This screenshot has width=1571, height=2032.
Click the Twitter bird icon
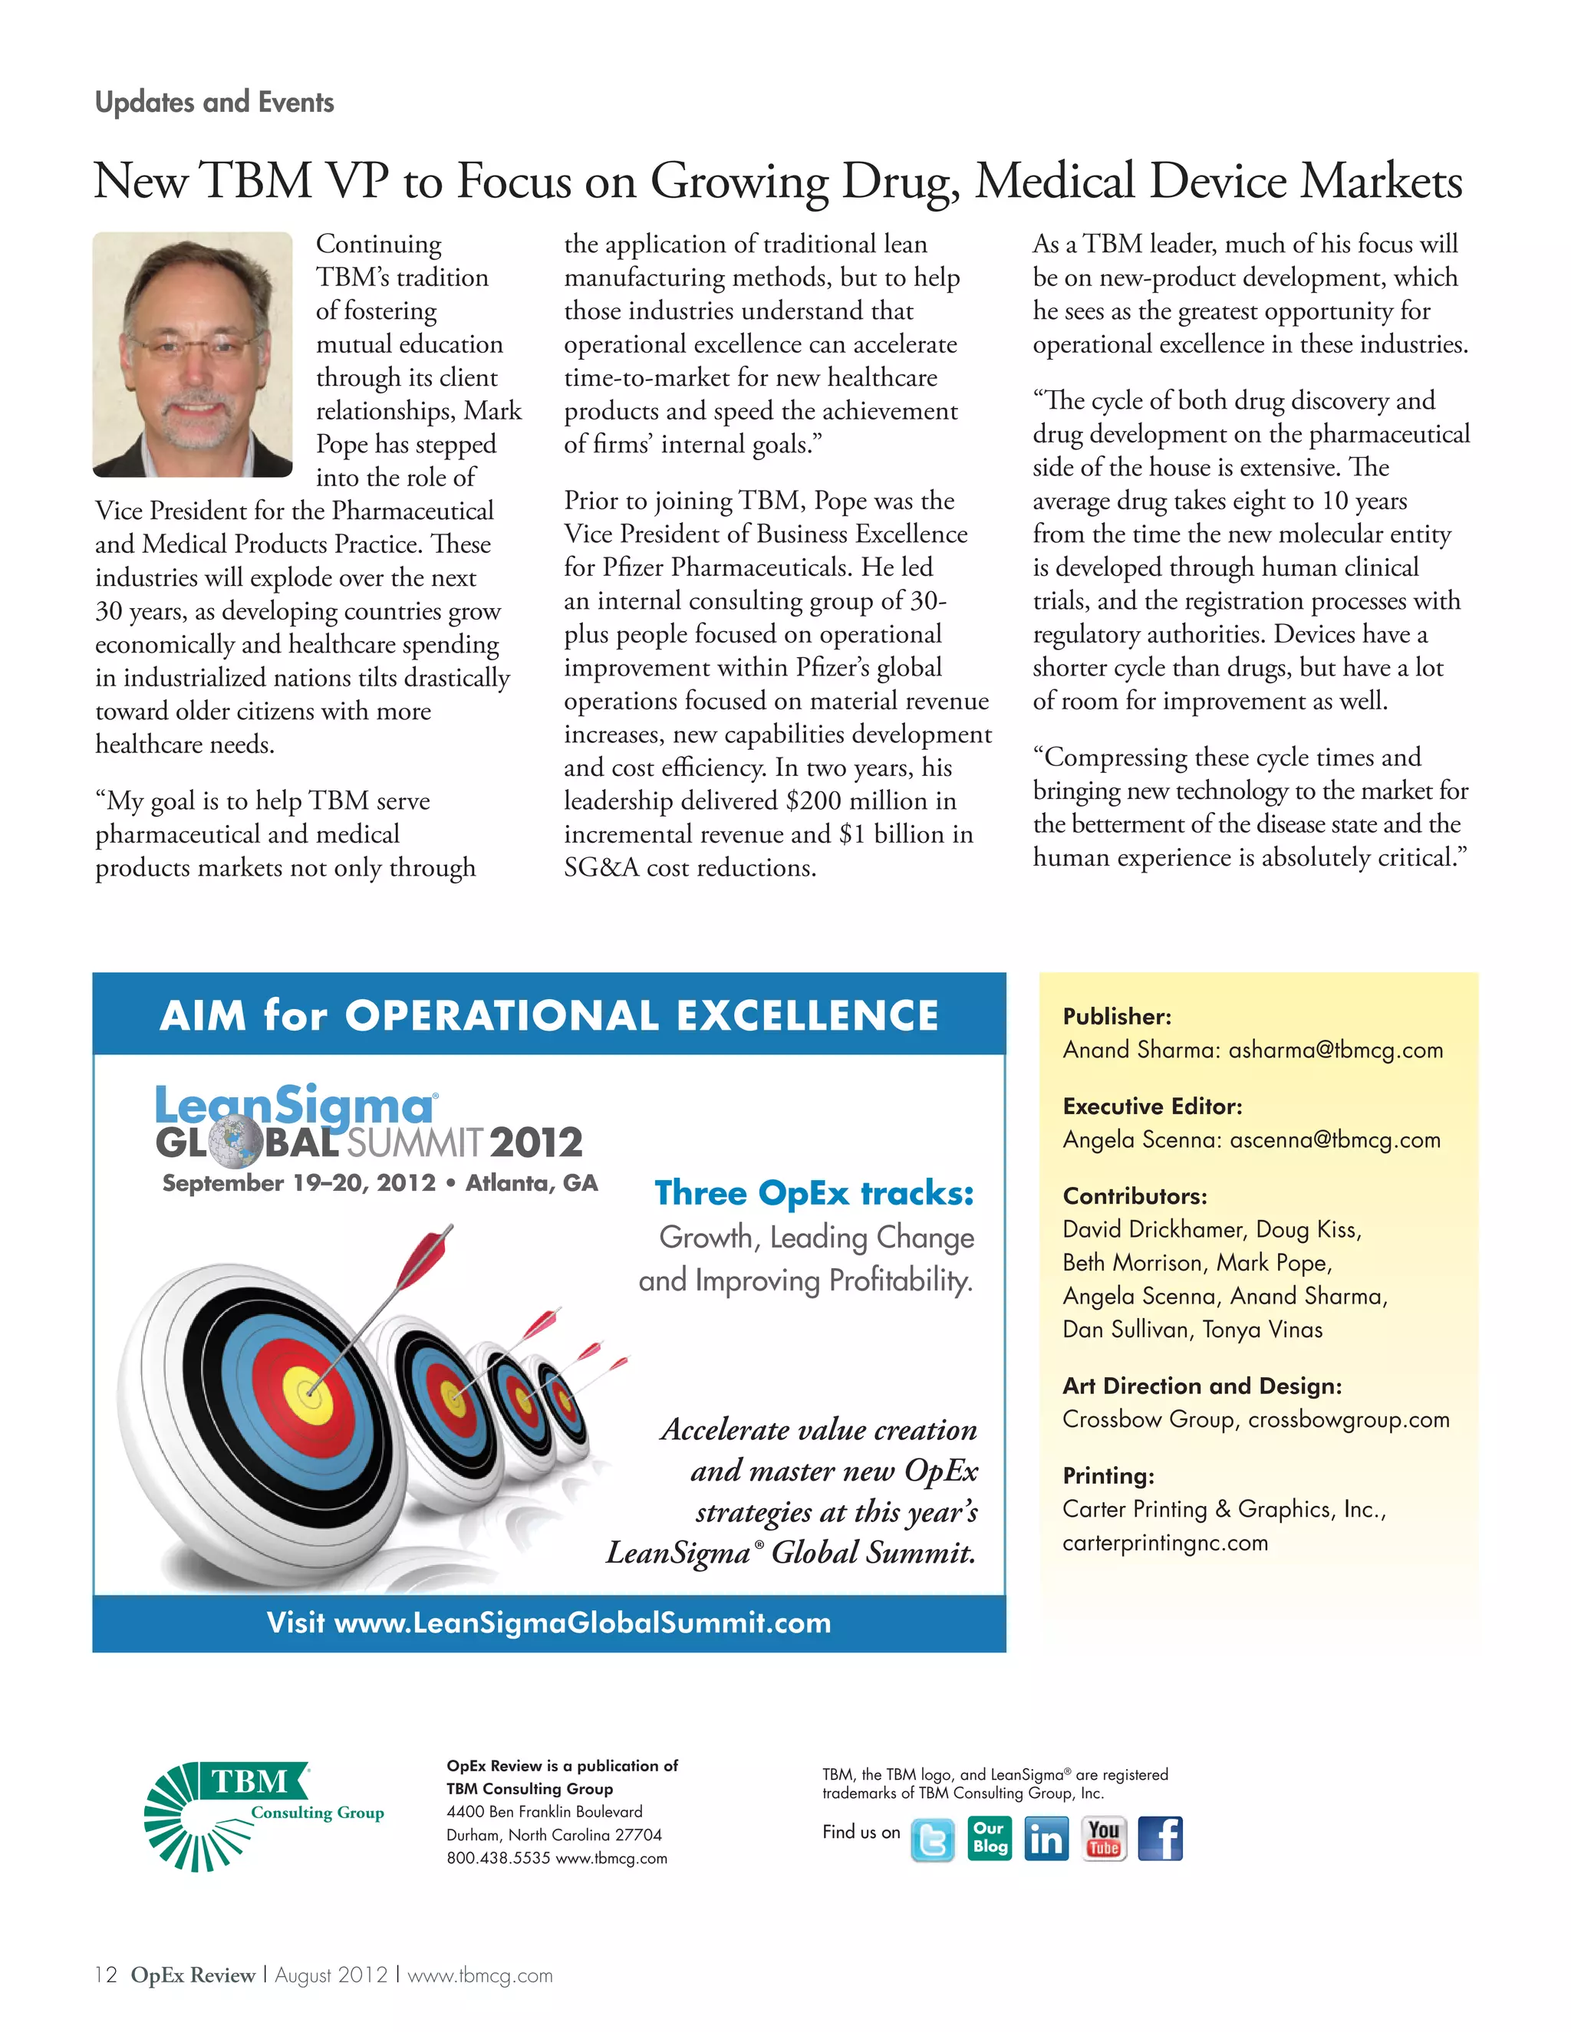tap(933, 1840)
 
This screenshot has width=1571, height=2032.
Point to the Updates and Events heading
tap(214, 101)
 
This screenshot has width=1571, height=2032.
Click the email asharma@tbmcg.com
tap(1336, 1051)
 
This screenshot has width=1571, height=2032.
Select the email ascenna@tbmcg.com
tap(1335, 1139)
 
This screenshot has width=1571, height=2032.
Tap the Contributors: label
tap(1135, 1195)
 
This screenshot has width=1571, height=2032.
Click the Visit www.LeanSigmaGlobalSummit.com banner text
tap(549, 1623)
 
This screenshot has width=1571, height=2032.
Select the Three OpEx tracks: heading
tap(815, 1193)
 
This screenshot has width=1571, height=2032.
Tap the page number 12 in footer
tap(106, 1975)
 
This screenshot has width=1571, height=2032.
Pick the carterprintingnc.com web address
tap(1165, 1543)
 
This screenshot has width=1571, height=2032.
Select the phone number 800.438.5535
tap(498, 1858)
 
